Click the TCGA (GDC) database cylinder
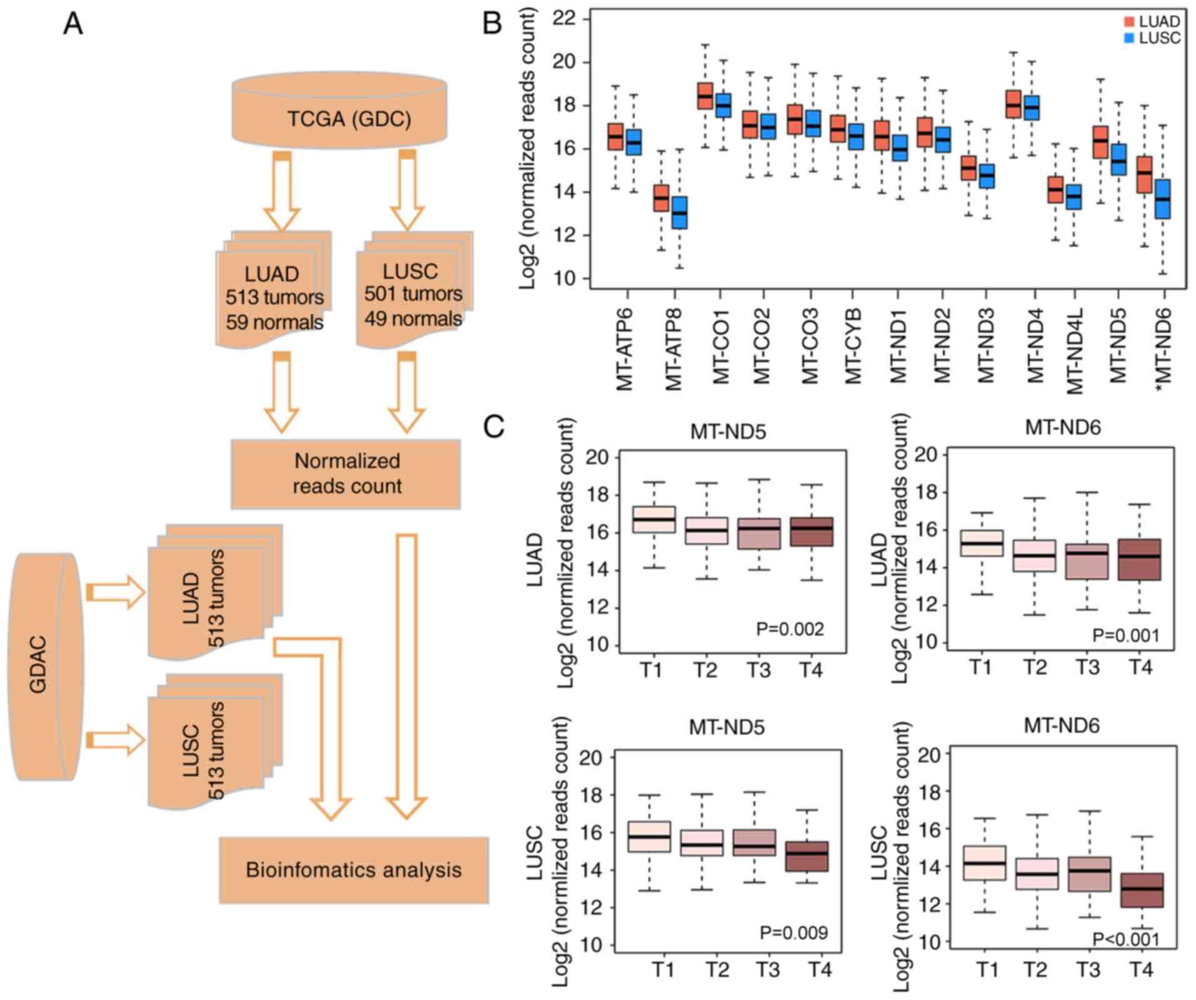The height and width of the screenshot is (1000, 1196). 339,113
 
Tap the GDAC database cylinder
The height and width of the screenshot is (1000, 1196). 44,666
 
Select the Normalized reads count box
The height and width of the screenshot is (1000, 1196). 346,474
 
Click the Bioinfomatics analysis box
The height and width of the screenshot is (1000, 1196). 353,870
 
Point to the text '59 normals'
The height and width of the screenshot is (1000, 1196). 274,322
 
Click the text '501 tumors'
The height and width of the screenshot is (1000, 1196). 413,293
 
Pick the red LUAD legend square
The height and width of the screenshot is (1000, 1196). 1129,22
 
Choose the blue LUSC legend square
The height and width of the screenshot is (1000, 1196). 1129,38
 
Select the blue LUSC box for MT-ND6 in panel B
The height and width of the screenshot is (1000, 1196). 1163,199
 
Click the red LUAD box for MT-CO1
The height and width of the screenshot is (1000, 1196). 705,96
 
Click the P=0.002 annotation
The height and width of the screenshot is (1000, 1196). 790,629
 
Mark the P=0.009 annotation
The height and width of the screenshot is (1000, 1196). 793,932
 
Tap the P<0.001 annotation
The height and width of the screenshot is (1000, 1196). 1125,939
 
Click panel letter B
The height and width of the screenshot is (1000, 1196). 492,24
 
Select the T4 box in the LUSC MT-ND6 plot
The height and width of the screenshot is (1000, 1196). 1142,890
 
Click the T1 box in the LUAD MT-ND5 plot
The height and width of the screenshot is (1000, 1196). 654,519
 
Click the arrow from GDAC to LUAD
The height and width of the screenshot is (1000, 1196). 116,592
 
